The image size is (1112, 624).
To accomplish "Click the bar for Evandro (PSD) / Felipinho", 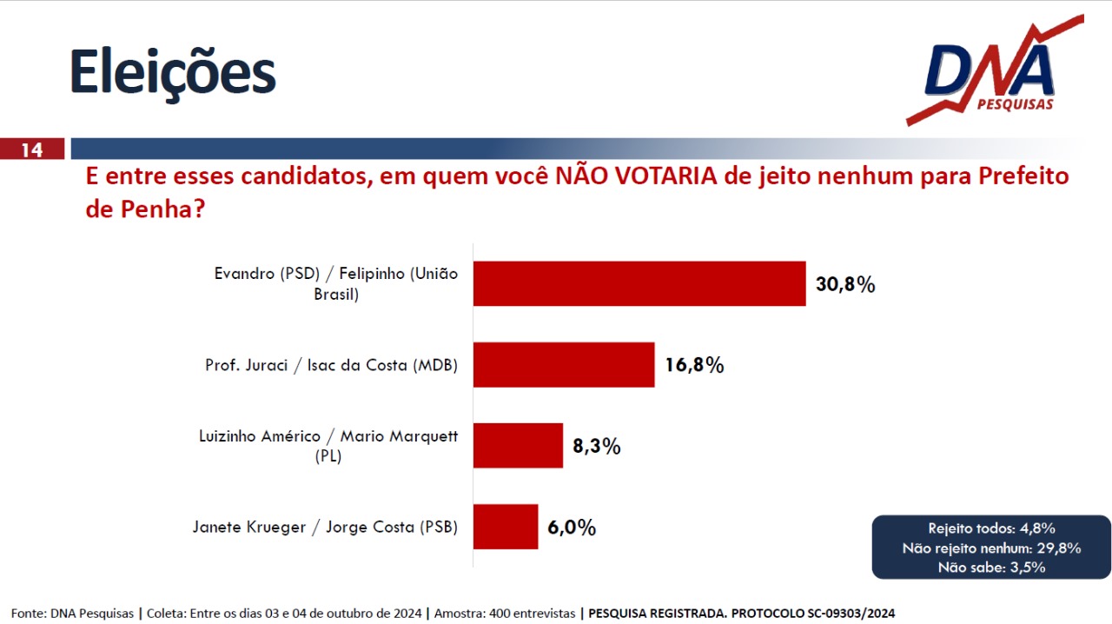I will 639,283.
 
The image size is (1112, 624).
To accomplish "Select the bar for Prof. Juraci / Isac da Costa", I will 564,365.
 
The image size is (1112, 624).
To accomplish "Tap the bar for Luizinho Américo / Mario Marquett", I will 518,446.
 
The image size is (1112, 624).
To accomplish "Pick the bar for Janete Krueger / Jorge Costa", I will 506,527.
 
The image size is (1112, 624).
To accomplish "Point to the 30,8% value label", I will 845,284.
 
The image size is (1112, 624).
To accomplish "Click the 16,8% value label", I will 694,365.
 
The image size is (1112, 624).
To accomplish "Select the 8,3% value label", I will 596,447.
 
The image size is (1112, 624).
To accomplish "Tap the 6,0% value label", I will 572,528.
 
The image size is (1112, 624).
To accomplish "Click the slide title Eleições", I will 172,72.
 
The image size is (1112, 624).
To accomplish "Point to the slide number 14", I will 31,149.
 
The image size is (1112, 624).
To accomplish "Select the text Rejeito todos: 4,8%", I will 991,528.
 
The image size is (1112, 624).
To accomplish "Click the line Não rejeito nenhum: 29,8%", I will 991,548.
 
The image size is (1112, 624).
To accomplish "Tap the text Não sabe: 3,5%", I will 991,568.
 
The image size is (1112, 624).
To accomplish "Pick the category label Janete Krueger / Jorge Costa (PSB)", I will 325,528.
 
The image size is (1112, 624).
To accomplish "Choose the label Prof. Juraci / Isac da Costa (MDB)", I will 331,365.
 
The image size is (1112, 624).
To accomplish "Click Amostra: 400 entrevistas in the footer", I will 505,614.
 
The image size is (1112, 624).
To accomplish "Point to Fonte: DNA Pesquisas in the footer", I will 72,614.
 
